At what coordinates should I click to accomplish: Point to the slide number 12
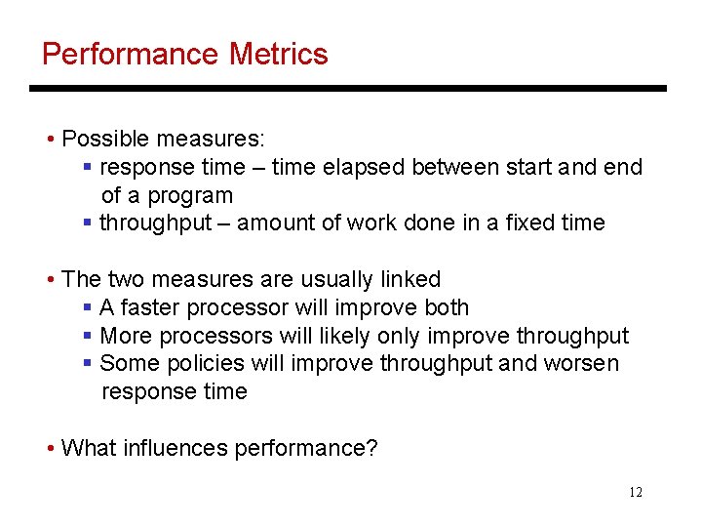pos(636,492)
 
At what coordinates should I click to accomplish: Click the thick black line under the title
pos(347,89)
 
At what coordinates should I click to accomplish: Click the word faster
pos(151,307)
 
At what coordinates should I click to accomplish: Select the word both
pos(447,307)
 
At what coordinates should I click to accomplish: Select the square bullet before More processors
pos(89,337)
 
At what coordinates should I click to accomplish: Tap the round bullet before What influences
pos(50,449)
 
